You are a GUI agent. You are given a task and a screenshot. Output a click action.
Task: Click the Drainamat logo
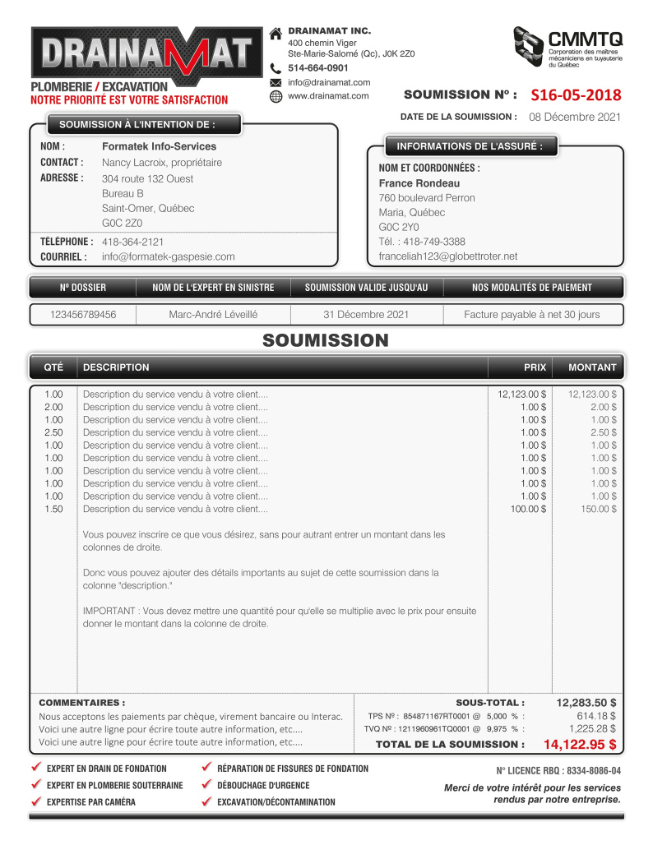pos(141,56)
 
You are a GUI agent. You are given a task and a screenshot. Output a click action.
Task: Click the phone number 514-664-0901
pos(317,68)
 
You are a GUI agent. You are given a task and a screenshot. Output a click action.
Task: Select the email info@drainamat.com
pos(329,82)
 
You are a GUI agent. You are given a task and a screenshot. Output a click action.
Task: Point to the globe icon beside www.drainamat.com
pos(276,96)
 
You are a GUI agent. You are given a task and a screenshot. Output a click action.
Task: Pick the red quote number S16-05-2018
pos(576,95)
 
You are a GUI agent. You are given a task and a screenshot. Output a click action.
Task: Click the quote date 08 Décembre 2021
pos(574,117)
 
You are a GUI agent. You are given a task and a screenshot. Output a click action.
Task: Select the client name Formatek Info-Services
pos(159,146)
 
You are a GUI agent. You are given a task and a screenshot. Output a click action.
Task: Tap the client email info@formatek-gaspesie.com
pos(168,256)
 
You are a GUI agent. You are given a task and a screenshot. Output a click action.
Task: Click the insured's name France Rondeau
pos(419,183)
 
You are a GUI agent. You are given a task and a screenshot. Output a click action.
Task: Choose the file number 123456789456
pos(82,315)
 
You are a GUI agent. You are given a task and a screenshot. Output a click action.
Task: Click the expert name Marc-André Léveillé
pos(213,315)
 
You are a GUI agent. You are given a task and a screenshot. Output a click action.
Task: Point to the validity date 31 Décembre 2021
pos(366,315)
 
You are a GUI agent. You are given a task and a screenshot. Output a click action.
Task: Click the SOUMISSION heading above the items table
pos(326,340)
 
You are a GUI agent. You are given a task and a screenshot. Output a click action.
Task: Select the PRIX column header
pos(535,367)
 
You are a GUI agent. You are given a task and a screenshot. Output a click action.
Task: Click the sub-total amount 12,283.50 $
pos(586,703)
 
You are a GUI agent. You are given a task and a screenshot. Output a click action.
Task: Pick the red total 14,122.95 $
pos(580,745)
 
